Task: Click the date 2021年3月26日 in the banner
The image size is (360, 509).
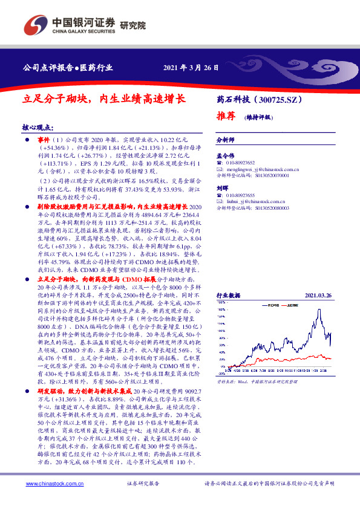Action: coord(190,67)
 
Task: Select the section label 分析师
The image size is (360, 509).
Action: coord(225,138)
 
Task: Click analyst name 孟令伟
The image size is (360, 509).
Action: coord(225,157)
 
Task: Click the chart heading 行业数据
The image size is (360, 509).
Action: coord(228,296)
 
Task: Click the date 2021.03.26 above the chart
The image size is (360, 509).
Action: coord(318,296)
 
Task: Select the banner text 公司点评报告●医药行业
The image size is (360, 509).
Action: coord(67,67)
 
